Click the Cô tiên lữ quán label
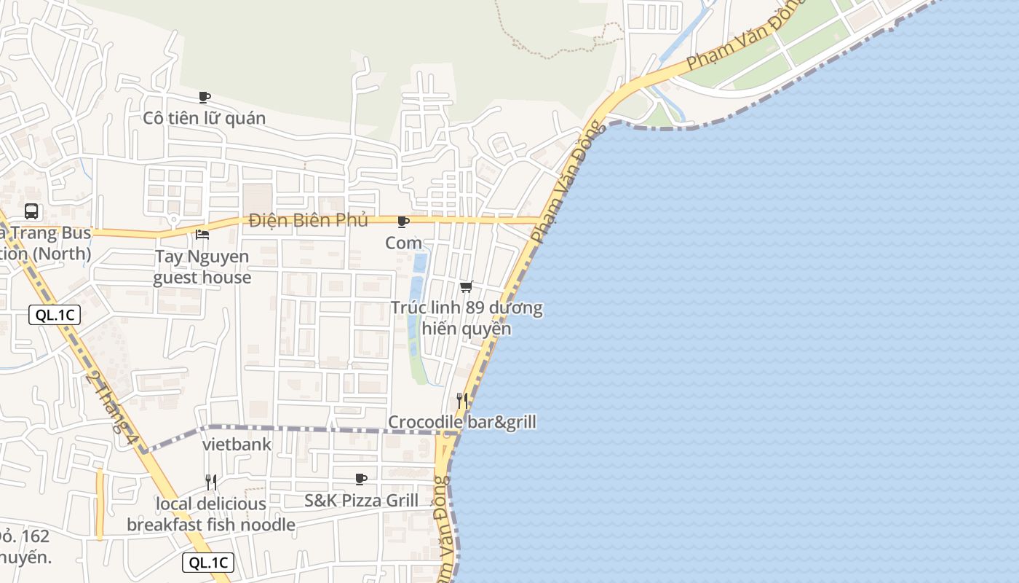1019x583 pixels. coord(204,118)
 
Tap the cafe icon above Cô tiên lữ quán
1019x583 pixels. coord(205,97)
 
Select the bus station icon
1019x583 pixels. coord(31,211)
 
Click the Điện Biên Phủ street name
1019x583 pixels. coord(308,220)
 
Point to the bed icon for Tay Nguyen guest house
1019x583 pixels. coord(202,235)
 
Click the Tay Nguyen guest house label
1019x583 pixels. coord(202,267)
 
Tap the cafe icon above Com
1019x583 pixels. coord(403,222)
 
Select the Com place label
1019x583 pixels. coord(403,243)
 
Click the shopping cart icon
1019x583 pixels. coord(467,286)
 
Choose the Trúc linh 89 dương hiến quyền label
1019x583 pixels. coord(467,318)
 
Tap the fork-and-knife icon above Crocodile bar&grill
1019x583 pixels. coord(461,400)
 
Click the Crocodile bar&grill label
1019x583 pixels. coord(461,422)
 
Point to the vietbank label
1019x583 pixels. coord(237,445)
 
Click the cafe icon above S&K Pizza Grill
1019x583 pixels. coord(360,479)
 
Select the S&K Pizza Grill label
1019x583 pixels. coord(361,501)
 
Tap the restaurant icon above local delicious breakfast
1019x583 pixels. coord(211,482)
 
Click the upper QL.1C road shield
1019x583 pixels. coord(55,315)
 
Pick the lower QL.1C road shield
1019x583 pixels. coord(208,563)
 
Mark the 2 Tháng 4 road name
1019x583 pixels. coord(111,403)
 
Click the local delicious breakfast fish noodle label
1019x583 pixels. coord(211,514)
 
